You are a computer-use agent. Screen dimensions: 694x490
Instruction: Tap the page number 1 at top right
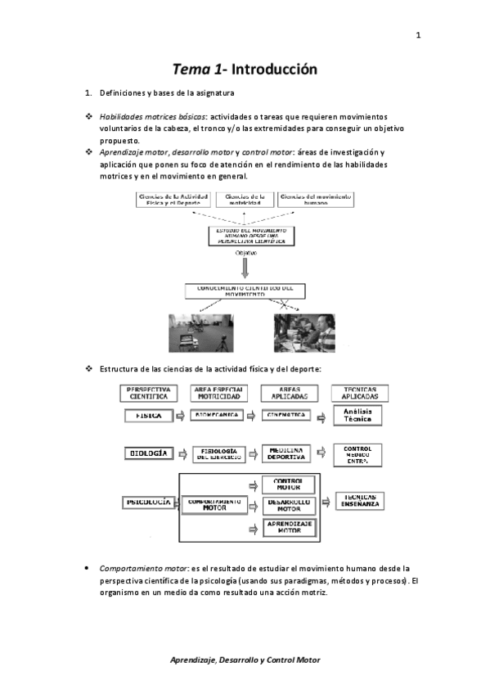[418, 35]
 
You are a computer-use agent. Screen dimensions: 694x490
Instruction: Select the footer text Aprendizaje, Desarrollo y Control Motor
[245, 659]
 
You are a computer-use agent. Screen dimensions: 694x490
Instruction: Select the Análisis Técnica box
[357, 416]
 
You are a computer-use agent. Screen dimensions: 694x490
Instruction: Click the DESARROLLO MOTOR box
[287, 506]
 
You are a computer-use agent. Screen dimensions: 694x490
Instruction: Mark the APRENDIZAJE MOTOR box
[287, 526]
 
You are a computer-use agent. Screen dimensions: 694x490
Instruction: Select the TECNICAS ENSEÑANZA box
[360, 501]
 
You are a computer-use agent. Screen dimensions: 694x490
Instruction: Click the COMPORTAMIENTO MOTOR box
[214, 504]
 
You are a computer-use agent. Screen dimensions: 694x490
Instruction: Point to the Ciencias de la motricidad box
[246, 198]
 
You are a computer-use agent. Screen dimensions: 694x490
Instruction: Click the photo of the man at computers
[304, 331]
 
